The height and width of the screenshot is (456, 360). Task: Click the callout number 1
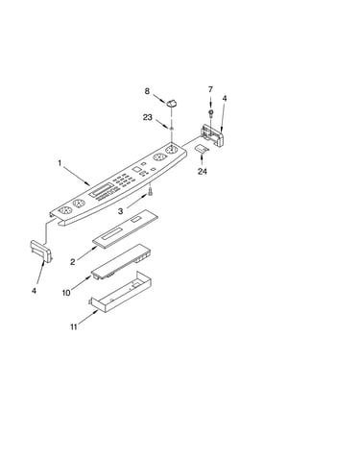[60, 163]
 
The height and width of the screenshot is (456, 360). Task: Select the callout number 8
[147, 91]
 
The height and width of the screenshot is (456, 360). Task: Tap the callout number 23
[148, 117]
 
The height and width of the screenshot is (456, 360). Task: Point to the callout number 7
[210, 89]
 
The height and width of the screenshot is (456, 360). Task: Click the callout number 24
[203, 171]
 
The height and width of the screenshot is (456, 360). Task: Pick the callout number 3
[120, 211]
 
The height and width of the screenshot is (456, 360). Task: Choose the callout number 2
[73, 262]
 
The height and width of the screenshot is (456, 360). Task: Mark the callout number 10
[66, 293]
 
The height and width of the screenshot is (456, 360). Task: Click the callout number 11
[74, 327]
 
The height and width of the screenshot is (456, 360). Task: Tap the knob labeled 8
[172, 103]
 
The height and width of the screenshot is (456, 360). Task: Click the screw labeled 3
[150, 192]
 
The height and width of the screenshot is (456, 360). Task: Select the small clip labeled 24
[202, 149]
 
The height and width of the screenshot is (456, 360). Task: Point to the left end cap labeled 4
[41, 252]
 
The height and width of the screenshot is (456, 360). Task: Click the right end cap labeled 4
[211, 135]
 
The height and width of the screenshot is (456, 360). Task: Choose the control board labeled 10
[122, 261]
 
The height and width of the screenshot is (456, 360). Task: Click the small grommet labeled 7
[211, 112]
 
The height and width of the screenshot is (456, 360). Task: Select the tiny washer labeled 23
[172, 128]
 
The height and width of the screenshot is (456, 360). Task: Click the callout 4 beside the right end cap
[225, 99]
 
